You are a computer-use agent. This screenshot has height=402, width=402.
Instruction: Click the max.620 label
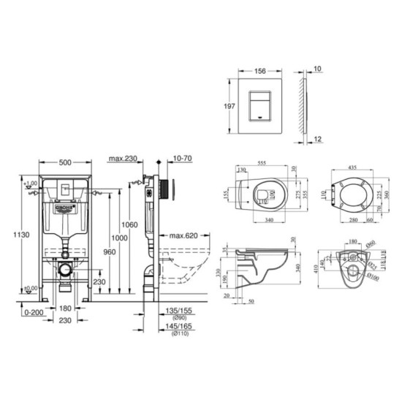(x=181, y=235)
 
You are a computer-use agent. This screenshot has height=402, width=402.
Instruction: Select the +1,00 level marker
(x=29, y=183)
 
